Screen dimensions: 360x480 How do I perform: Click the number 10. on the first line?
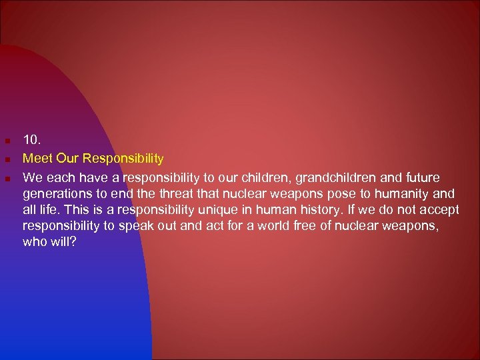tap(32, 140)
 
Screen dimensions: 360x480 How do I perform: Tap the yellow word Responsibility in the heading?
tap(123, 159)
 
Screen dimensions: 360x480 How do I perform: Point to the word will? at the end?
tap(65, 241)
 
